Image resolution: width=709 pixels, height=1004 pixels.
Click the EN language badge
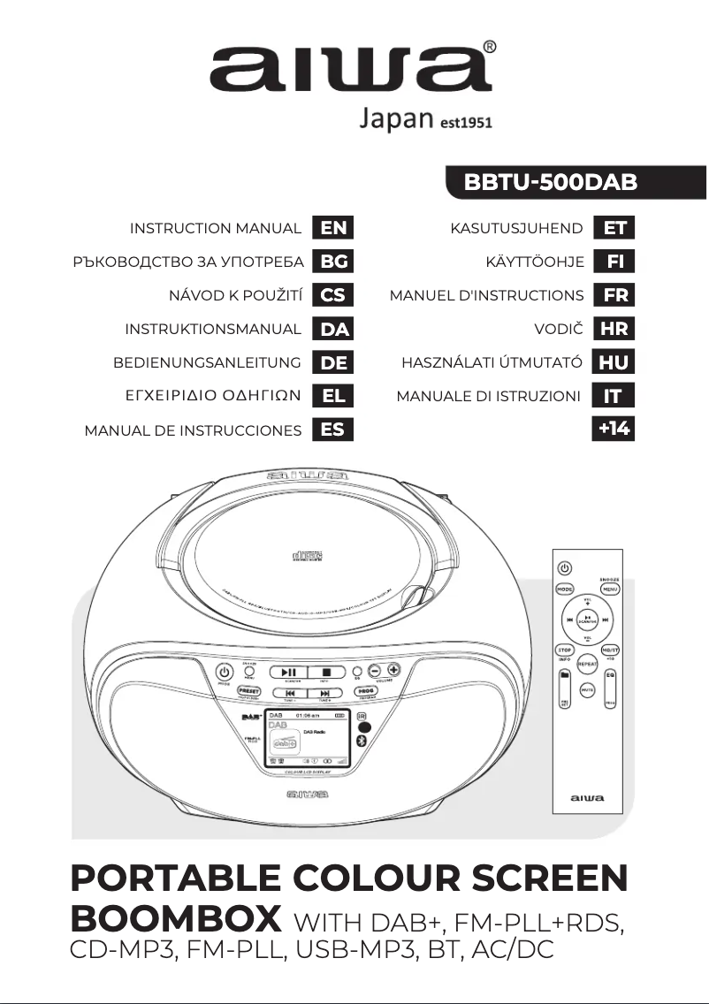(x=333, y=228)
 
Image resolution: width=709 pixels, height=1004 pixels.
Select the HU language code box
(x=614, y=362)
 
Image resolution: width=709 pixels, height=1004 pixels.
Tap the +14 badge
(x=614, y=430)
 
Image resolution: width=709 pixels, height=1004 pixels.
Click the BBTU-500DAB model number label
(x=551, y=183)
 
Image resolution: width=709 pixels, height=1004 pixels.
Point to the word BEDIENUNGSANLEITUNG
(x=207, y=362)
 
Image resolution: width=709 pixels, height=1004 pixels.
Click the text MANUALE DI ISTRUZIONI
(x=489, y=396)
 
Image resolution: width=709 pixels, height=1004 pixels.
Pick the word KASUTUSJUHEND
(x=516, y=228)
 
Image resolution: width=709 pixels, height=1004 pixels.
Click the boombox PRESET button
(x=249, y=690)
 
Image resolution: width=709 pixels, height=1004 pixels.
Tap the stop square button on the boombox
(x=326, y=673)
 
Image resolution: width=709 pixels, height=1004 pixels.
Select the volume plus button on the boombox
(x=393, y=671)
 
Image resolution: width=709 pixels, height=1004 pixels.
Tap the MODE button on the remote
(x=564, y=589)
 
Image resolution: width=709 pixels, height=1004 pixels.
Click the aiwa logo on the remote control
(x=587, y=798)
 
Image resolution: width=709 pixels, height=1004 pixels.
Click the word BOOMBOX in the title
(x=175, y=918)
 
